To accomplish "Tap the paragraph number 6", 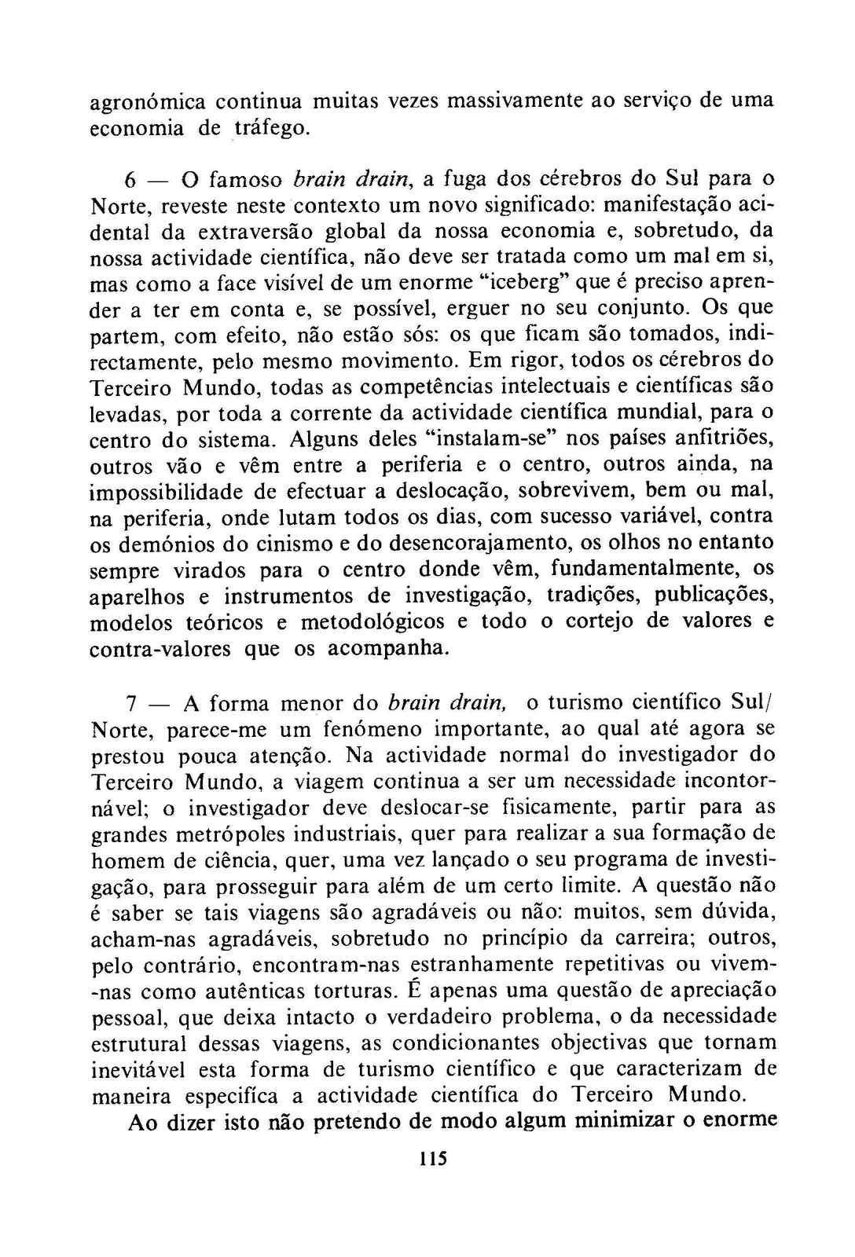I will (x=131, y=180).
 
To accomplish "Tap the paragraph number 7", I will (x=132, y=703).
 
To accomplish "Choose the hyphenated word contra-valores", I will (x=160, y=649).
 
